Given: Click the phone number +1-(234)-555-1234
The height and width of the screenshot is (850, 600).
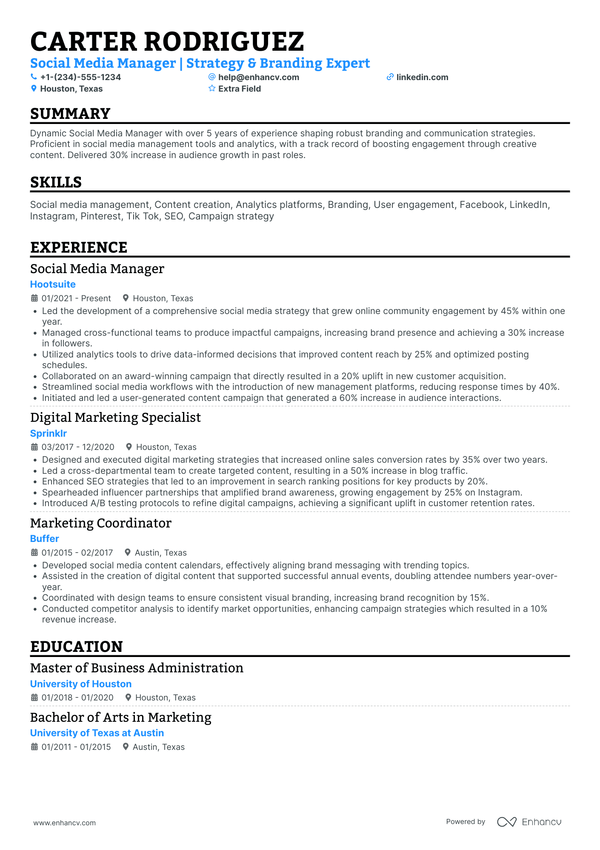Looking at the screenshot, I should click(x=80, y=77).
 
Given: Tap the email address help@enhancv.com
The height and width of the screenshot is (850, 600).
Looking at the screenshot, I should click(x=258, y=77).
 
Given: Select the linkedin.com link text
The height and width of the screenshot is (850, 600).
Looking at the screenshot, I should click(x=422, y=77).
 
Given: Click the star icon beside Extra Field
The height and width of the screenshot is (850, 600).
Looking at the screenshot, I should click(x=212, y=89).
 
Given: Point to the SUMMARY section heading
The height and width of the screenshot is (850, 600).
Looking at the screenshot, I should click(x=70, y=114).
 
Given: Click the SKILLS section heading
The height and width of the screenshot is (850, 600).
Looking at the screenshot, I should click(x=56, y=182).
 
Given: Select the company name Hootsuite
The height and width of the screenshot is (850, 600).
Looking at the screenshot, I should click(x=53, y=284).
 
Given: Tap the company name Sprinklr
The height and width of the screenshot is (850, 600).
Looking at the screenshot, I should click(x=49, y=433).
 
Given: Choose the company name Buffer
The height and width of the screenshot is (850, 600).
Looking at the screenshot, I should click(x=44, y=539).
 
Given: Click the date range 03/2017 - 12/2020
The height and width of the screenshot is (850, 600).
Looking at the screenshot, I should click(x=78, y=447).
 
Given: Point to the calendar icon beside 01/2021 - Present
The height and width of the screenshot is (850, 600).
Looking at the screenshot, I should click(x=34, y=298).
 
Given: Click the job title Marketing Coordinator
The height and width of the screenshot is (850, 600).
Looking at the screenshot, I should click(x=101, y=523).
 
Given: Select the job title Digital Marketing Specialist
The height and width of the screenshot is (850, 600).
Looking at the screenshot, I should click(x=115, y=418).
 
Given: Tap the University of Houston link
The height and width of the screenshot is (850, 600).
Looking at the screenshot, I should click(x=81, y=684).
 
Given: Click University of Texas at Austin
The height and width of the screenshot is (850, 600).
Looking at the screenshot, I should click(x=97, y=733).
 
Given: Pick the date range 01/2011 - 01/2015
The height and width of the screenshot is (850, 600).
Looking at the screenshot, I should click(x=76, y=747).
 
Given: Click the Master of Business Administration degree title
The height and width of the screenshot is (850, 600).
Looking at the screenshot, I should click(x=137, y=668).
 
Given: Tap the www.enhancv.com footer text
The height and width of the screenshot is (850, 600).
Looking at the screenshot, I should click(x=65, y=823).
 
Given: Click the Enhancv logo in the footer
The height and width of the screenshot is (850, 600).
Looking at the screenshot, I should click(x=529, y=822).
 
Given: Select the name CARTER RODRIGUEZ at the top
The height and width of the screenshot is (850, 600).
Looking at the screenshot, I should click(x=167, y=42).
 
